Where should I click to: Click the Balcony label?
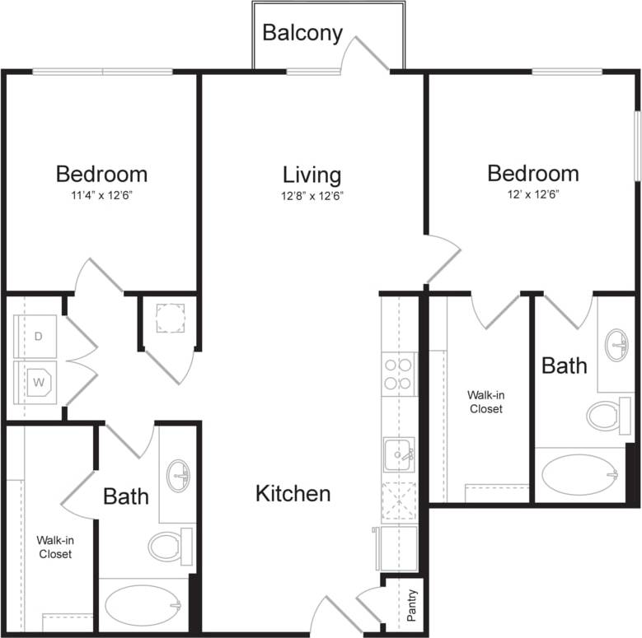(x=302, y=33)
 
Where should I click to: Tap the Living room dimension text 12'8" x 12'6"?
(x=312, y=196)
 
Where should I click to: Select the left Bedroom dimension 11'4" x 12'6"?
(x=101, y=195)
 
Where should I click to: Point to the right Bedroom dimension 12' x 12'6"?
(x=532, y=195)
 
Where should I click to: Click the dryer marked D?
(x=37, y=337)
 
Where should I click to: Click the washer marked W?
(x=37, y=383)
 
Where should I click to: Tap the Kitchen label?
(x=293, y=493)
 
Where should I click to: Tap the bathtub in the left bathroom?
(x=143, y=606)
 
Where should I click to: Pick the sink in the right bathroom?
(x=616, y=345)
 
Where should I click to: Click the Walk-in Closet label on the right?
(x=485, y=402)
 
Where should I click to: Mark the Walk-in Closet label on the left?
(x=54, y=547)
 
